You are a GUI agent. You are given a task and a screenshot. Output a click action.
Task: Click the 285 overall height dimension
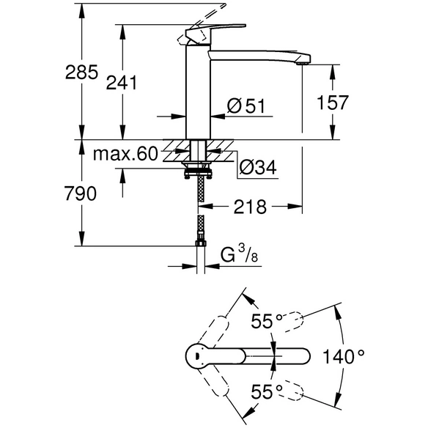[81, 73]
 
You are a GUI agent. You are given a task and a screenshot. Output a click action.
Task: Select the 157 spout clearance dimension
[333, 103]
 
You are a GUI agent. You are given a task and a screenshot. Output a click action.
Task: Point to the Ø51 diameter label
[246, 106]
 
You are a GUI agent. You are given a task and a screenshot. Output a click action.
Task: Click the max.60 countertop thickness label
[125, 154]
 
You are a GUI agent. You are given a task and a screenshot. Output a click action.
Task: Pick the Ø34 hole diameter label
[258, 167]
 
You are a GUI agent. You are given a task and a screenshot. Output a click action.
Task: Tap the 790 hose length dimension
[81, 193]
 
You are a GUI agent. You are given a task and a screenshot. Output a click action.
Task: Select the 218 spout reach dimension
[250, 207]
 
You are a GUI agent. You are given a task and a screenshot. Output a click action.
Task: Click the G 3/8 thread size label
[239, 254]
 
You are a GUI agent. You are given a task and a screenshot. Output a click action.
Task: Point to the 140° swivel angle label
[344, 357]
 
